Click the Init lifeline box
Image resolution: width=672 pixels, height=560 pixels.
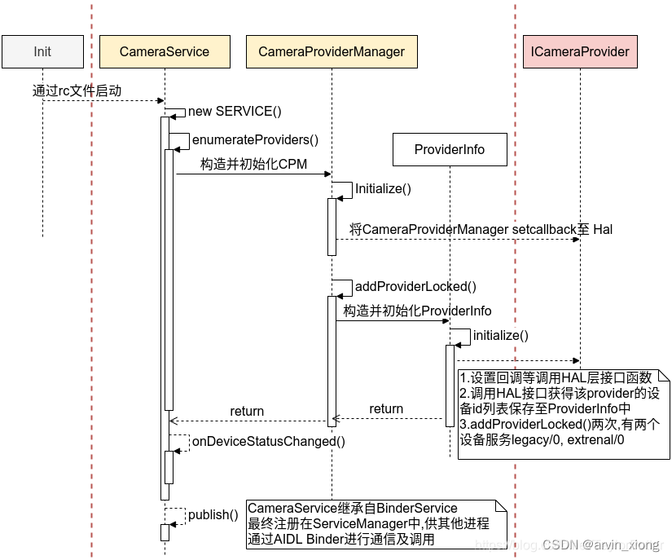pos(42,51)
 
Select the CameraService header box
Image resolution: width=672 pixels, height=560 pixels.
pos(164,51)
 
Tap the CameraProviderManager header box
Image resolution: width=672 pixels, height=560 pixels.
pos(332,51)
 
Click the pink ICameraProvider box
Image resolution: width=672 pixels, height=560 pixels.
pos(580,51)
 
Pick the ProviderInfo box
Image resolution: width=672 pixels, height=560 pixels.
pos(450,149)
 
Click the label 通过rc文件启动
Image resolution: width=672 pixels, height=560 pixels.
pos(77,90)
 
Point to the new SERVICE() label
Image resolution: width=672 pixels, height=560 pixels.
pos(235,111)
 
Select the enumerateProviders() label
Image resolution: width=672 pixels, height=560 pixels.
pos(255,139)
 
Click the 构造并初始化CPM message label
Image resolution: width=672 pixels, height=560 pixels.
pos(253,164)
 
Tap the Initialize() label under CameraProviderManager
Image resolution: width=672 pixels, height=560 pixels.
pos(383,188)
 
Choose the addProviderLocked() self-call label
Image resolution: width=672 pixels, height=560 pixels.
pos(415,286)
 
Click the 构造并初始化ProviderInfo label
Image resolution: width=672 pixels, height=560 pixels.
pos(417,311)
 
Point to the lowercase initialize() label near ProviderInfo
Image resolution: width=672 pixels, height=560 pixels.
pos(500,335)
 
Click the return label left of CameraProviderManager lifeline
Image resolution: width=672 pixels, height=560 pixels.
pos(247,411)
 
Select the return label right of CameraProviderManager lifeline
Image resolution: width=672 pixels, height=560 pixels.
pos(386,408)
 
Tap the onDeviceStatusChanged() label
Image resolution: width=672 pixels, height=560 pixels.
pos(268,441)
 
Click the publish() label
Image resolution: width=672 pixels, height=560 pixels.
pos(213,514)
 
